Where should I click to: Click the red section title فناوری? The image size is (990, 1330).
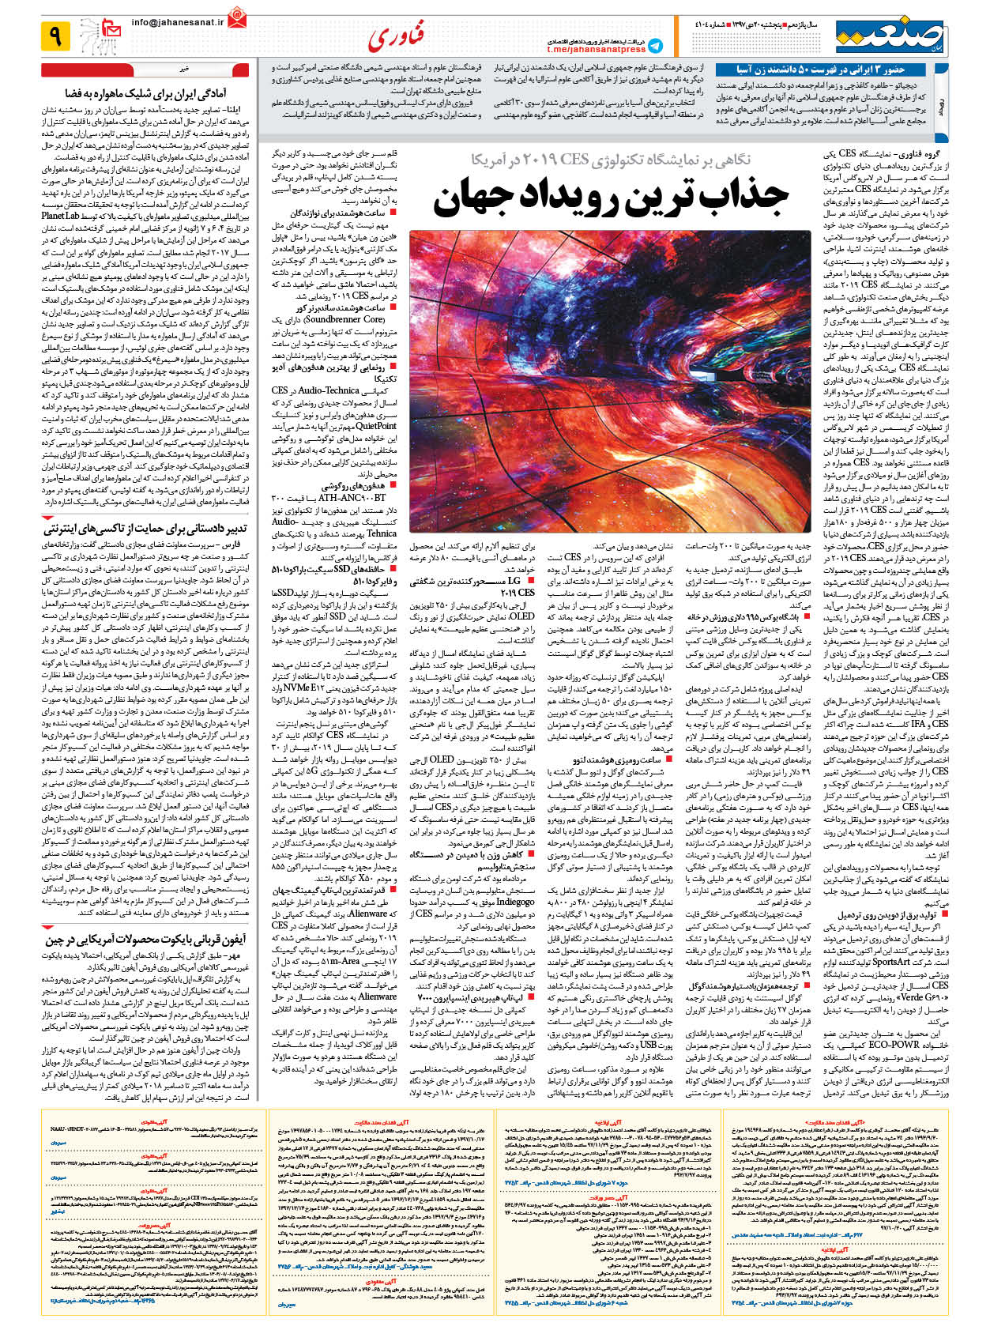click(396, 36)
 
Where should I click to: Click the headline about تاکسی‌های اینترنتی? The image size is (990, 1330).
click(145, 528)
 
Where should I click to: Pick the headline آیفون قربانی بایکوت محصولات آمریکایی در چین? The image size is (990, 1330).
click(145, 940)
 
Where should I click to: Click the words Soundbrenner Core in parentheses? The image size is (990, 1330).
click(341, 319)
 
